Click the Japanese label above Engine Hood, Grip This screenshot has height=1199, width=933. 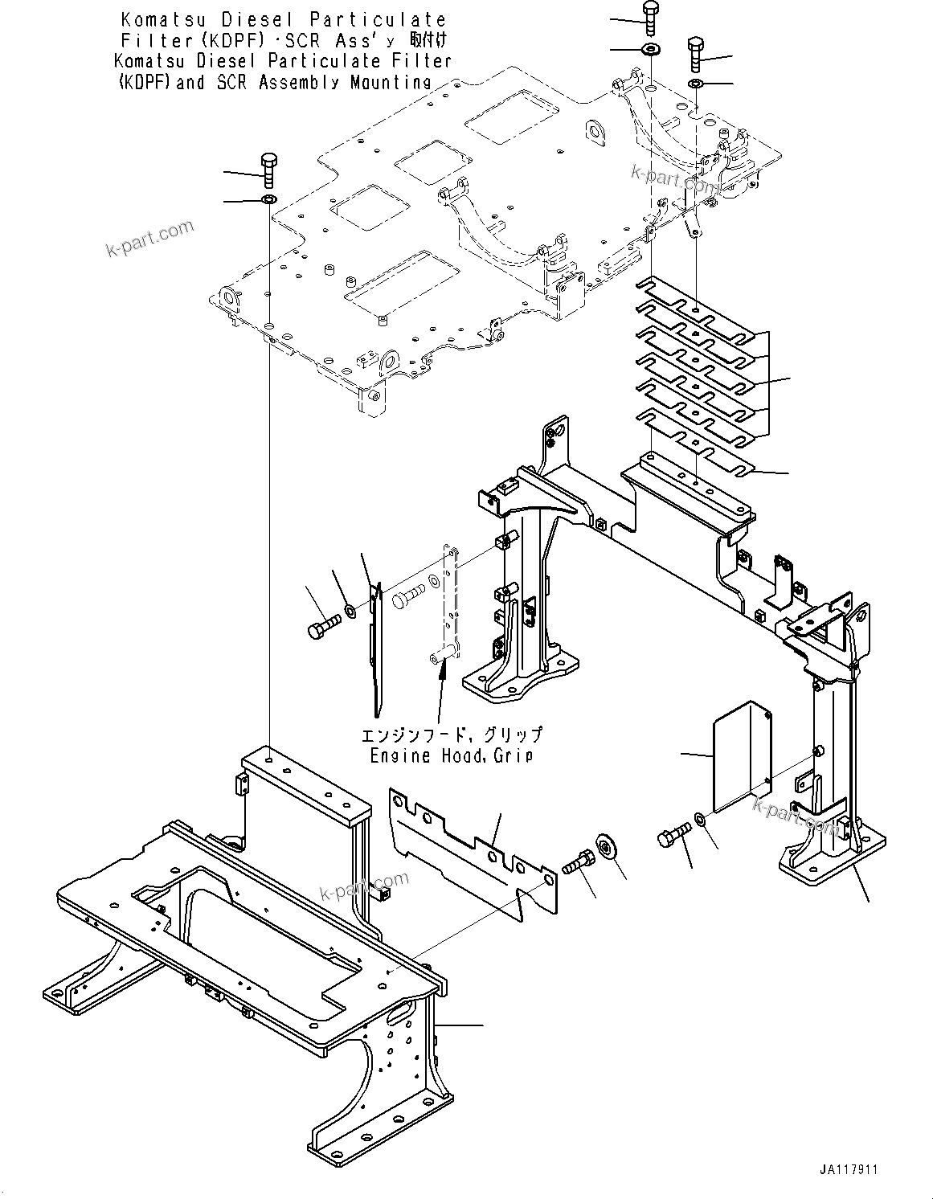[x=451, y=735]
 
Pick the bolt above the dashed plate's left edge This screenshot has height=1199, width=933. [x=269, y=170]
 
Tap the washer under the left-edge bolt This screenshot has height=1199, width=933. [x=269, y=199]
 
